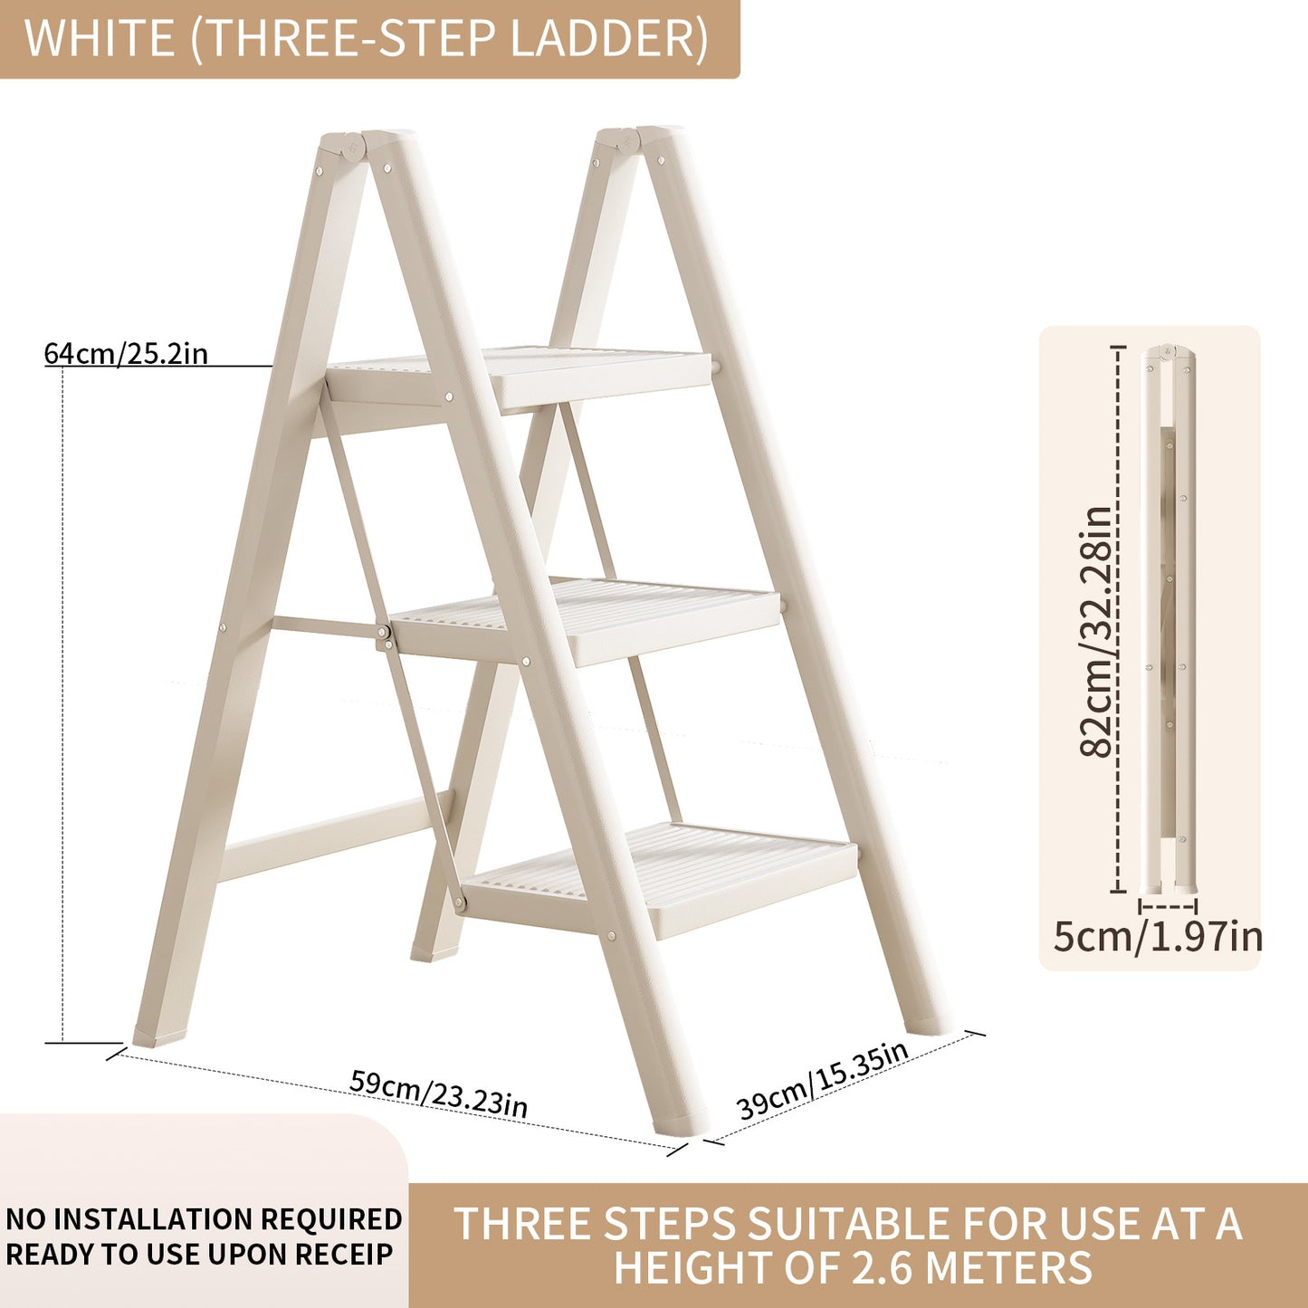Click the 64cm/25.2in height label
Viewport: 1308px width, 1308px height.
click(126, 353)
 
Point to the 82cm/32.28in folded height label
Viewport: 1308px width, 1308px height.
click(1096, 631)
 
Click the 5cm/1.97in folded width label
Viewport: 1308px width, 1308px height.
click(1158, 936)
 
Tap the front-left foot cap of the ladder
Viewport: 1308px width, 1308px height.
click(158, 1034)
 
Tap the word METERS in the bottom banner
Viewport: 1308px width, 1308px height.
click(1006, 1267)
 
